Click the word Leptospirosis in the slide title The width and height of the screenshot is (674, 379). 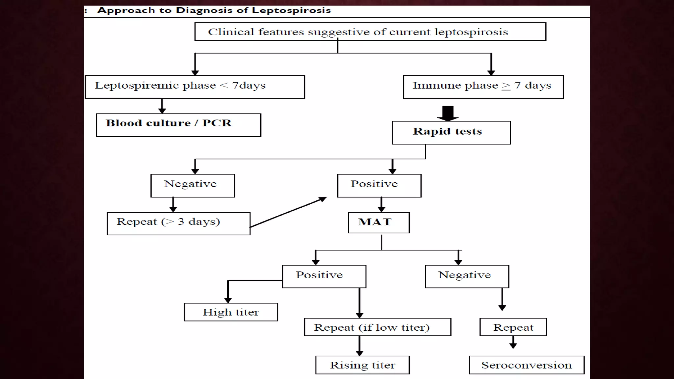[291, 10]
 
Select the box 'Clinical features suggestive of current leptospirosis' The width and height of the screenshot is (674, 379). [370, 32]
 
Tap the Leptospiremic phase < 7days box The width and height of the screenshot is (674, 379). [195, 87]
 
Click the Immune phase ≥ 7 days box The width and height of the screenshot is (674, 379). [483, 87]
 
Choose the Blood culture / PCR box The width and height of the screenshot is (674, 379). [178, 125]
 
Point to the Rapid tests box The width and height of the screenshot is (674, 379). [451, 133]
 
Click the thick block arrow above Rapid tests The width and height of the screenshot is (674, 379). [448, 113]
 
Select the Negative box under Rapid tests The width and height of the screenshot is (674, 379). [193, 186]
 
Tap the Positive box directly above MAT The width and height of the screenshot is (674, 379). [379, 186]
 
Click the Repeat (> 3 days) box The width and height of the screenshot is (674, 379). [178, 223]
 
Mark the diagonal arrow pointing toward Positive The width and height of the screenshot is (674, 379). [288, 213]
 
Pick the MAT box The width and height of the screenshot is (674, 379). [379, 223]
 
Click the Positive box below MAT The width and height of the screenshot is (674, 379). [324, 276]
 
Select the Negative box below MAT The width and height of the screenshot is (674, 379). [467, 276]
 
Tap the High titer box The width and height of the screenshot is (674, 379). [231, 312]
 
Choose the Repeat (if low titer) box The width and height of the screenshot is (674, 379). [377, 327]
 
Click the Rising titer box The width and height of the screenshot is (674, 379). [362, 365]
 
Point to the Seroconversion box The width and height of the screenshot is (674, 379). [527, 365]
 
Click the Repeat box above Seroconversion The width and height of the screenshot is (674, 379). [513, 327]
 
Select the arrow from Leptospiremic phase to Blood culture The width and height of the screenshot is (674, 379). [162, 106]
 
